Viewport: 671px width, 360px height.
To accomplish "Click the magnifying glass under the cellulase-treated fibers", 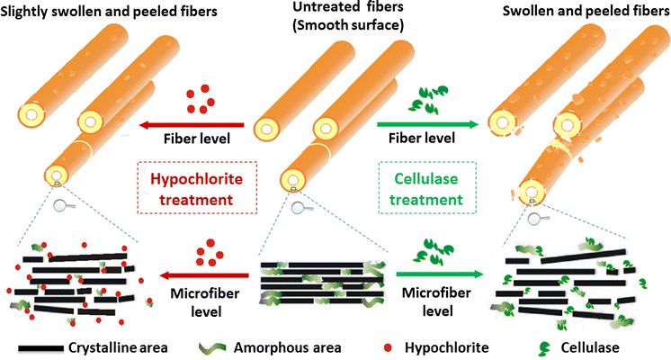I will click(x=536, y=217).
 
